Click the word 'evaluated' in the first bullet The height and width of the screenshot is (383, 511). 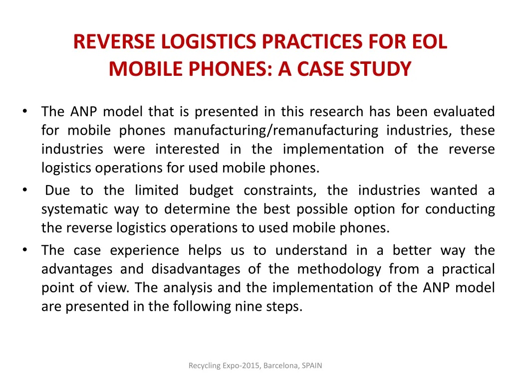(464, 111)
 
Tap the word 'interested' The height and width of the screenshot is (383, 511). (187, 149)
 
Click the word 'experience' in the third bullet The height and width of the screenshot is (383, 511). (144, 250)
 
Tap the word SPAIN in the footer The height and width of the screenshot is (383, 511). (312, 366)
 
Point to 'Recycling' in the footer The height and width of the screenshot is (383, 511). (205, 366)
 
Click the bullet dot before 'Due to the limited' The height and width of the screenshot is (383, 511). (24, 190)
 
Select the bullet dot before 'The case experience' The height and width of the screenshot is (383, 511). (24, 250)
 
